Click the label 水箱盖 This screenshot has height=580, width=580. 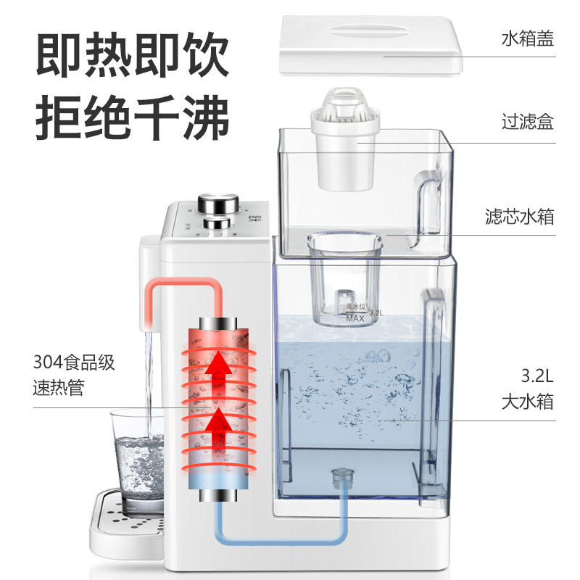point(527,38)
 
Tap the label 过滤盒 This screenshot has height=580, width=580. point(527,120)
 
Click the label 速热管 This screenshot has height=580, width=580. point(59,388)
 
